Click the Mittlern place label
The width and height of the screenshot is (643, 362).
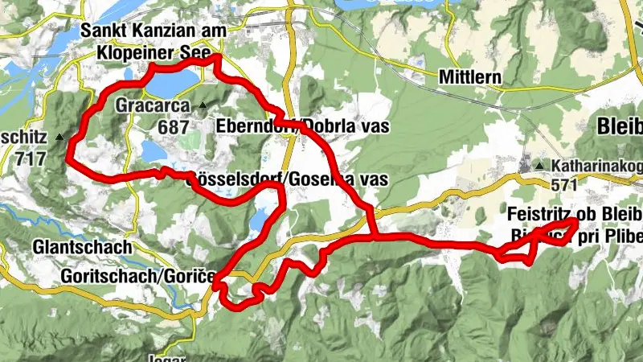471,78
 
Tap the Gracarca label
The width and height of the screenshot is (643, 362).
152,105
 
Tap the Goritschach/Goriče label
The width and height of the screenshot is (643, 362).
137,276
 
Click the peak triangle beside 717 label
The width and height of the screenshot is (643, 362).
59,138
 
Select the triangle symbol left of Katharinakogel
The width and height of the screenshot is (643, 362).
540,167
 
